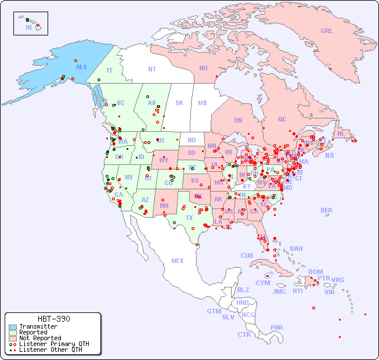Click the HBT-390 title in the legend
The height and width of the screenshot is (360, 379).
(x=53, y=319)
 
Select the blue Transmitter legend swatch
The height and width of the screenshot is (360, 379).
(x=13, y=327)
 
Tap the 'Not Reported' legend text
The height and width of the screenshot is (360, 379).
(x=39, y=338)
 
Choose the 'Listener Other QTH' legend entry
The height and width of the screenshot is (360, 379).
(x=50, y=350)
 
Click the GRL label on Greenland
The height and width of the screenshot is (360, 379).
(x=327, y=31)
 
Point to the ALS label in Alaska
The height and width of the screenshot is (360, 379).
(x=81, y=67)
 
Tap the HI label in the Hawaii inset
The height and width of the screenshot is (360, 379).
(x=28, y=27)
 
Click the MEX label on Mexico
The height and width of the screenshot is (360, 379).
(x=178, y=261)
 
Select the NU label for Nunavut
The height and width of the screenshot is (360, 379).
(x=203, y=68)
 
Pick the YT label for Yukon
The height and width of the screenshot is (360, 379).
(x=109, y=70)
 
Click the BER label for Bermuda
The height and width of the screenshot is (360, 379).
(x=326, y=210)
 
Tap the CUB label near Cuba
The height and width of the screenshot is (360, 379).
(x=247, y=255)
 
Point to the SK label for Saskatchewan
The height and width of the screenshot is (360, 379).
(x=179, y=103)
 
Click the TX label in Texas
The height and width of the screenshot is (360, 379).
(x=189, y=218)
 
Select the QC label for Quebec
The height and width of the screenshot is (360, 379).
(x=282, y=119)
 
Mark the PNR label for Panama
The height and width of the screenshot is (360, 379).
(x=277, y=327)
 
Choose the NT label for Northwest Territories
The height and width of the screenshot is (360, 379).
(x=151, y=69)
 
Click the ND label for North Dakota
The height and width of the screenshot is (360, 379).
(x=192, y=140)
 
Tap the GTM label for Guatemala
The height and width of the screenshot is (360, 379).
(x=214, y=311)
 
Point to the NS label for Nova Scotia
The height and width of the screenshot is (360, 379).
(x=329, y=155)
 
